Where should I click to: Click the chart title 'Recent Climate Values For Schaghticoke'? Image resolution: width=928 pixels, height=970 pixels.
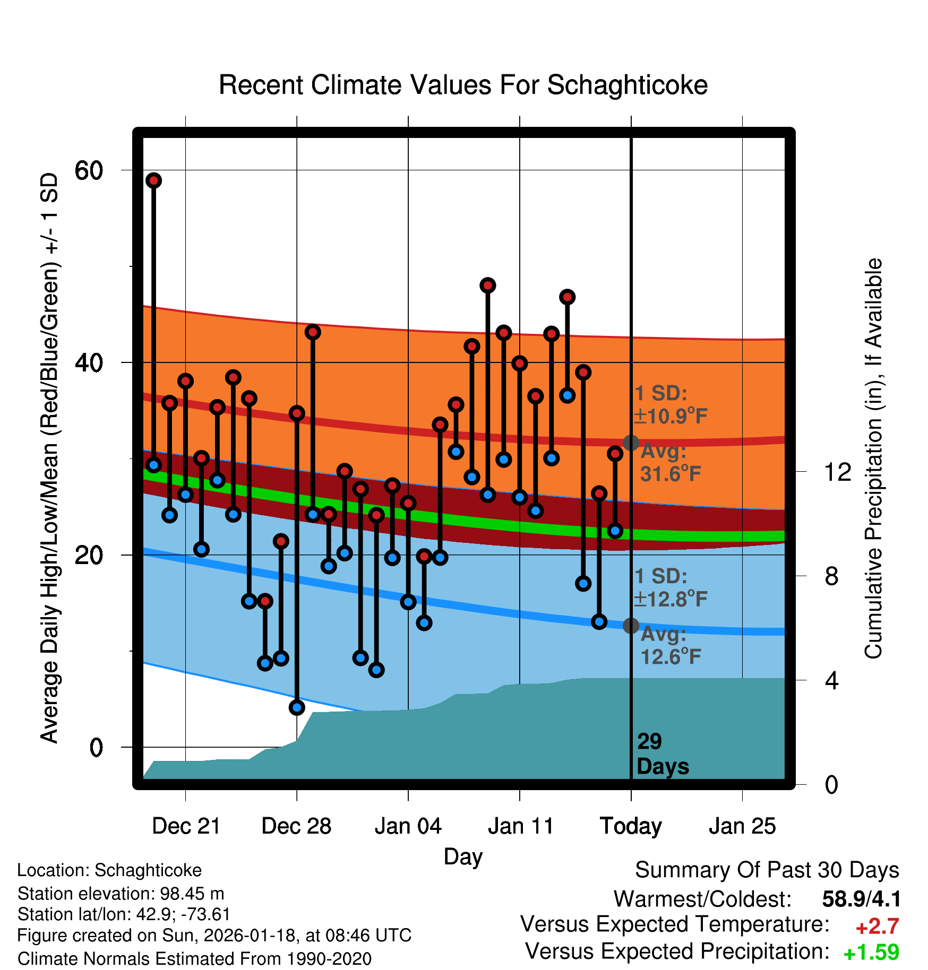point(463,85)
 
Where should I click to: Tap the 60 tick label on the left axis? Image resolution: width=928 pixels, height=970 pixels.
point(89,171)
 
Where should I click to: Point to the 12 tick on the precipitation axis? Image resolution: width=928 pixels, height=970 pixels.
point(837,472)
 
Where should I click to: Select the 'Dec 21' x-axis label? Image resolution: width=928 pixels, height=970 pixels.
point(186,826)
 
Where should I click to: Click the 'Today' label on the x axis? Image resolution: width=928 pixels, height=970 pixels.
point(631,826)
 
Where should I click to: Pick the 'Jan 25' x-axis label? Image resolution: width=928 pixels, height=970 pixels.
point(742,826)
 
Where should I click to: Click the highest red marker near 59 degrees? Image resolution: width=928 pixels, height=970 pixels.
point(154,180)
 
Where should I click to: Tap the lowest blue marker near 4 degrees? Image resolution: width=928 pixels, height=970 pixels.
point(297,707)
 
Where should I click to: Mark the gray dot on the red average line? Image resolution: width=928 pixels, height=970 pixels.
point(631,443)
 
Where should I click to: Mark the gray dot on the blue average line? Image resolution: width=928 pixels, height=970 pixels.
point(631,626)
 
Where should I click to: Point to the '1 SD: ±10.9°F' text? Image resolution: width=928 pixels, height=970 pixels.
point(670,405)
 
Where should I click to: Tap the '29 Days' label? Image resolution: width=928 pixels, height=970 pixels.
point(661,754)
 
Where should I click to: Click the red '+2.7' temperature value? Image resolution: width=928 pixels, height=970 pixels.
point(877,926)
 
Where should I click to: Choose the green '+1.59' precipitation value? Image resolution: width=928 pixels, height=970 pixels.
point(871,952)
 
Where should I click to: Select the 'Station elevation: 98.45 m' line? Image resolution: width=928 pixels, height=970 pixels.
point(121,894)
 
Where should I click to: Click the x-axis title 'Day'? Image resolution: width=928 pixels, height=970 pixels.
point(463,856)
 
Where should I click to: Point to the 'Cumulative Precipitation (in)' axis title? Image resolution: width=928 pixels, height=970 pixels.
point(873,459)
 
